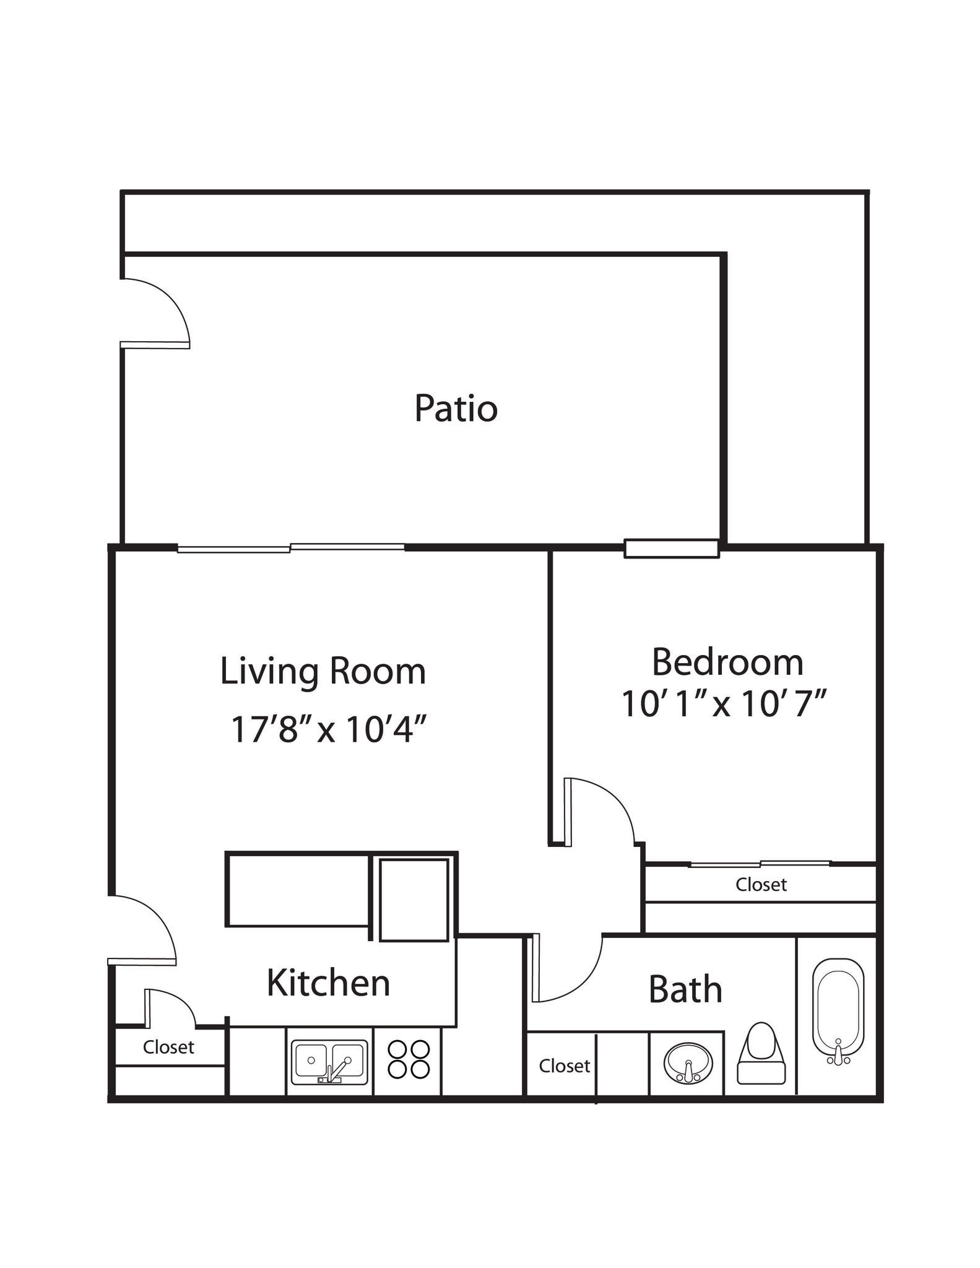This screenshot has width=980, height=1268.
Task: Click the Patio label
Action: pyautogui.click(x=456, y=409)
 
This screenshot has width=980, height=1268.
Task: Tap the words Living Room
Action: pyautogui.click(x=323, y=671)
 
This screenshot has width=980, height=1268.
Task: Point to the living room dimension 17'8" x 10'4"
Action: pyautogui.click(x=329, y=729)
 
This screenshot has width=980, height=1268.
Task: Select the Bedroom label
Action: pyautogui.click(x=727, y=662)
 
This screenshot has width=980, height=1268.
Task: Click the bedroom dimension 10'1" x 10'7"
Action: pyautogui.click(x=724, y=704)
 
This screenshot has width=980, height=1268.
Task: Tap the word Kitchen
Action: pyautogui.click(x=328, y=983)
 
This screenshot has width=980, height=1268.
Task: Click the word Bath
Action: pyautogui.click(x=685, y=989)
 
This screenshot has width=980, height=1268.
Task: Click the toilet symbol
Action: pyautogui.click(x=761, y=1053)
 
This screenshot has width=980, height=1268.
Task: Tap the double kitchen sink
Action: pyautogui.click(x=329, y=1062)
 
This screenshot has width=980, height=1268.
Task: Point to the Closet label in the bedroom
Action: pyautogui.click(x=761, y=885)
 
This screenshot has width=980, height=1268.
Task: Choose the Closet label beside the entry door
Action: pyautogui.click(x=168, y=1047)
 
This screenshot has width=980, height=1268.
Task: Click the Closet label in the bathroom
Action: pyautogui.click(x=564, y=1066)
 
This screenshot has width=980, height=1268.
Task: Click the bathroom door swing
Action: pyautogui.click(x=566, y=969)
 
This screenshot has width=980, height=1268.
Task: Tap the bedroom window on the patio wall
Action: pyautogui.click(x=672, y=549)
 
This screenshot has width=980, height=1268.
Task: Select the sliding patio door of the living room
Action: pyautogui.click(x=291, y=548)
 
